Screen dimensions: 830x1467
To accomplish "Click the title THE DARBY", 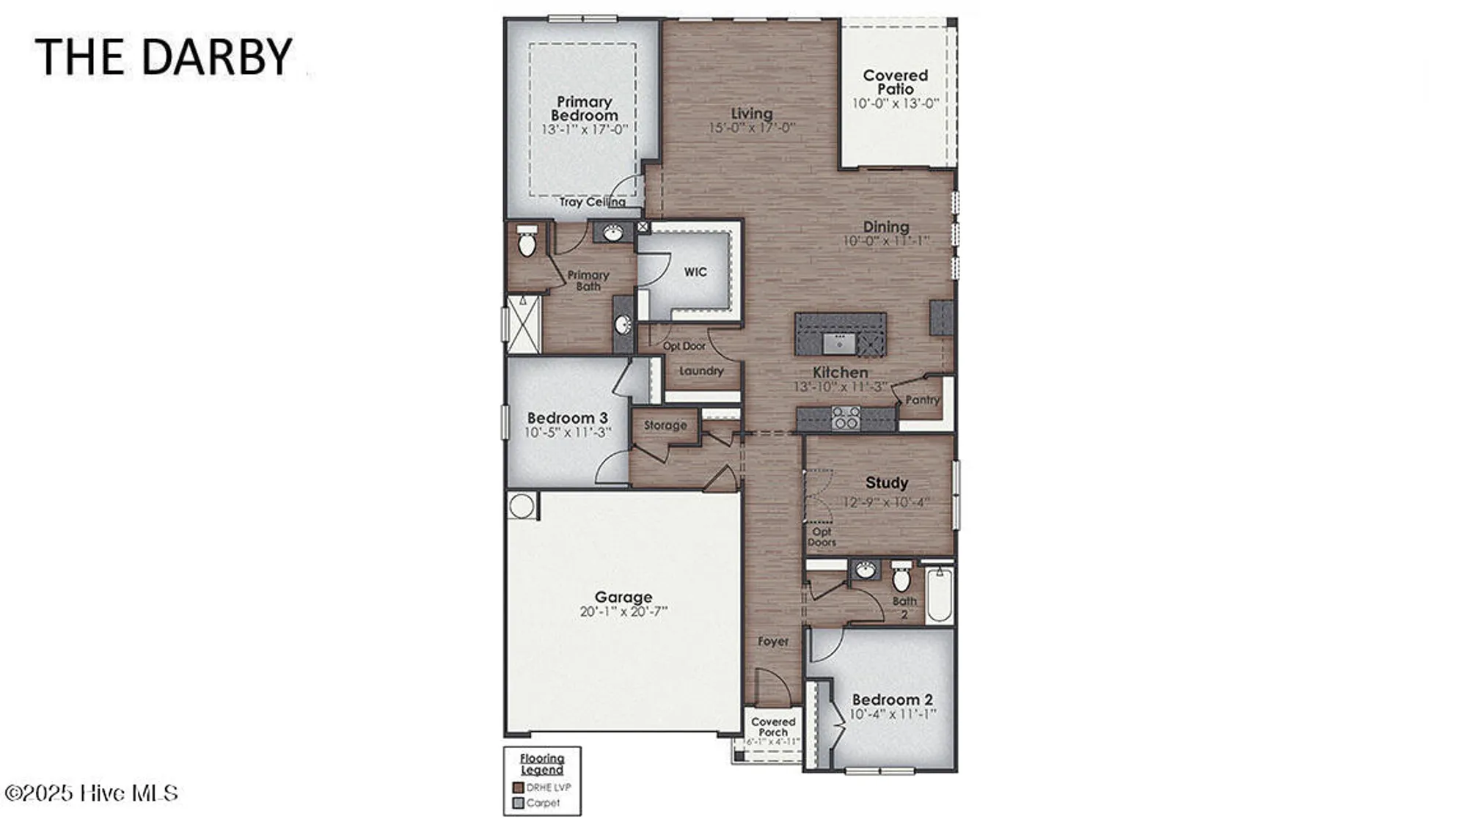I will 163,57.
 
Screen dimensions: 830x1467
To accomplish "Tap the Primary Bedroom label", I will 585,109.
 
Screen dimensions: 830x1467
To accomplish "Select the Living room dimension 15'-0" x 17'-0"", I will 751,128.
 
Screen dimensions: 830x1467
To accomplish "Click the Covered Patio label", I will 895,82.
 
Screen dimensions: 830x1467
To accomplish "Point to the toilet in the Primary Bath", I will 527,243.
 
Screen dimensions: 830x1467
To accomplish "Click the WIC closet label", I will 695,272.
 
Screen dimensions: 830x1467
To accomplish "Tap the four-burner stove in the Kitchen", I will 846,418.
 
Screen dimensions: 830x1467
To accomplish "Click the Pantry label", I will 922,400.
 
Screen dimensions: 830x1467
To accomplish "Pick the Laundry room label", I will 701,371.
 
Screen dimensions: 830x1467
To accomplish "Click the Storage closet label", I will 665,425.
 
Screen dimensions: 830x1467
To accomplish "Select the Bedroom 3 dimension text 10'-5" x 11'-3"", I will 567,433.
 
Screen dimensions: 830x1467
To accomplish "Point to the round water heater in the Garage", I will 522,505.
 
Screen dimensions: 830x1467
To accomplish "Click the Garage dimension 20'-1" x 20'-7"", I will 623,612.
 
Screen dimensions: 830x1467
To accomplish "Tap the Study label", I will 886,482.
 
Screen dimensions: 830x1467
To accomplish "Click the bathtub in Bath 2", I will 940,594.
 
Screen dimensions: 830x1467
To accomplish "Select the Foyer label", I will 773,642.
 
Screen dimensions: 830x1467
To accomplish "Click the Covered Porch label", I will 773,727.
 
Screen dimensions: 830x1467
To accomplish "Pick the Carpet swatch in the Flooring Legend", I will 519,804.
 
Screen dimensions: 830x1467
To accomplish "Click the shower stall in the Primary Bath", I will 523,323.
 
